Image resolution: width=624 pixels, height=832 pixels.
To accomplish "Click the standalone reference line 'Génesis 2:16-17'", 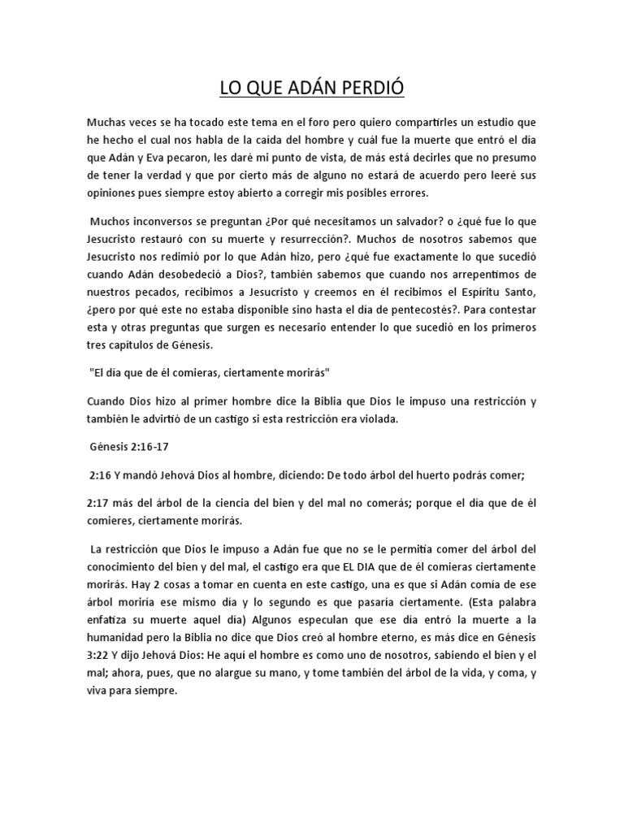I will point(130,446).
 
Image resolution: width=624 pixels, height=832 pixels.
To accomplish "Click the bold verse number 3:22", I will point(100,654).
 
